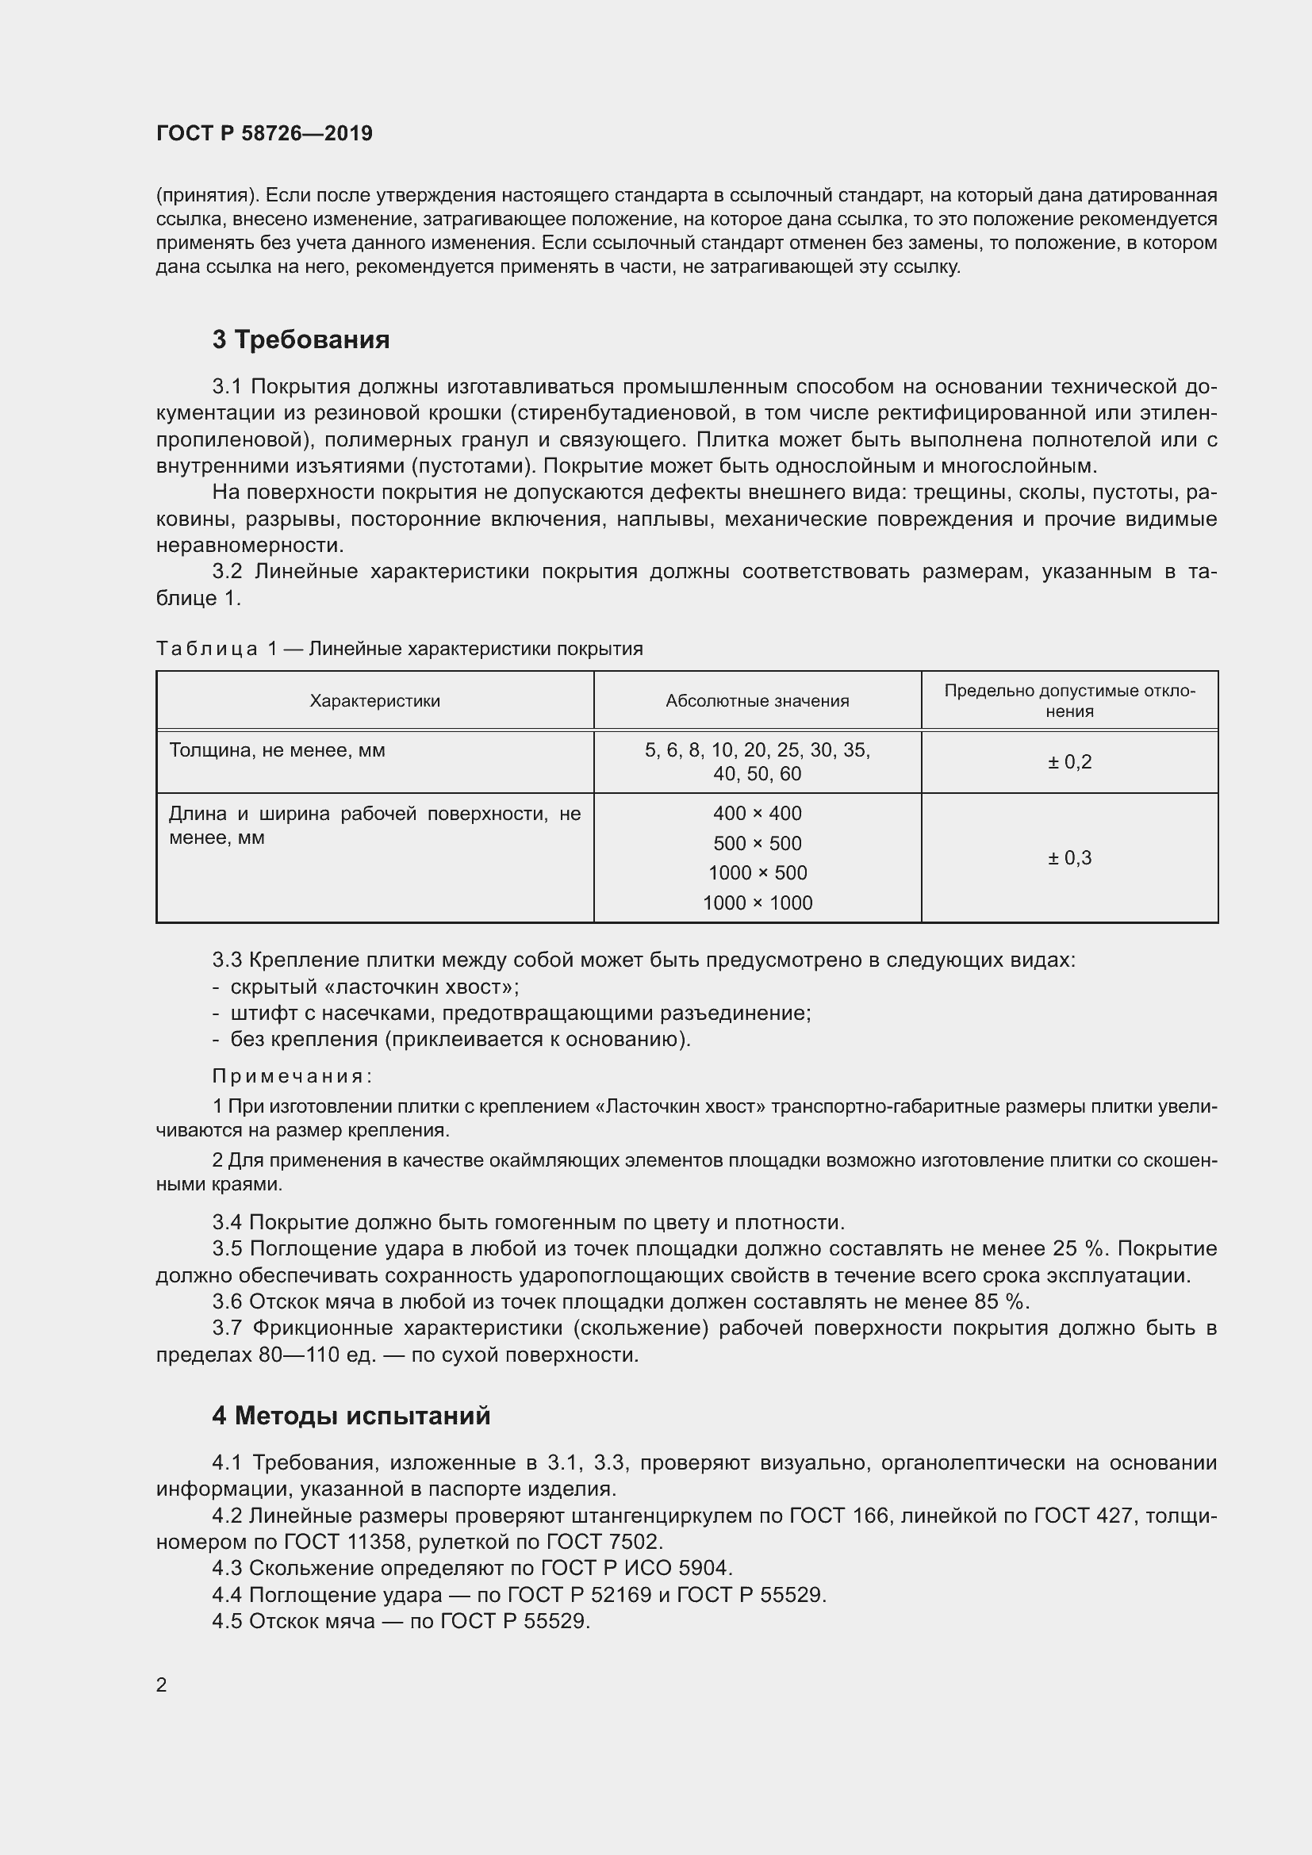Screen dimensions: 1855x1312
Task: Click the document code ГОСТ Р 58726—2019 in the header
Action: [264, 133]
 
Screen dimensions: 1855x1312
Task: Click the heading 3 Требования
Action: [301, 339]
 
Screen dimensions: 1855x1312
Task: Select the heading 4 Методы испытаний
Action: [351, 1416]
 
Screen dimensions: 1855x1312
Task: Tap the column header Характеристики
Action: [375, 700]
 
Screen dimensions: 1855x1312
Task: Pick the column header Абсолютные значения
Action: [757, 700]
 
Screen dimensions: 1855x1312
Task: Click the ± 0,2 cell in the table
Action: [1068, 762]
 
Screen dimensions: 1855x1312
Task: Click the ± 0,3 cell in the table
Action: [1068, 857]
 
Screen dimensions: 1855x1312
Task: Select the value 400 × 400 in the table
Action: [757, 814]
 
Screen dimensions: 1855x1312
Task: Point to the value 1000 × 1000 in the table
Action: [757, 903]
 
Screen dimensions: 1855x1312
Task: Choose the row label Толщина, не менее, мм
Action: [277, 750]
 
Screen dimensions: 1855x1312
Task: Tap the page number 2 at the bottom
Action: [162, 1684]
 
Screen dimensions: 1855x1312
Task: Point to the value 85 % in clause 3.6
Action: [1000, 1301]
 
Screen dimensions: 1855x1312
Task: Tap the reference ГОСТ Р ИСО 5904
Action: [636, 1568]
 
